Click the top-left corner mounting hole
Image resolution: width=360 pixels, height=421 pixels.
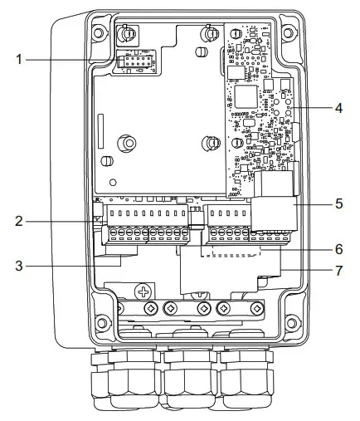(x=99, y=34)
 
